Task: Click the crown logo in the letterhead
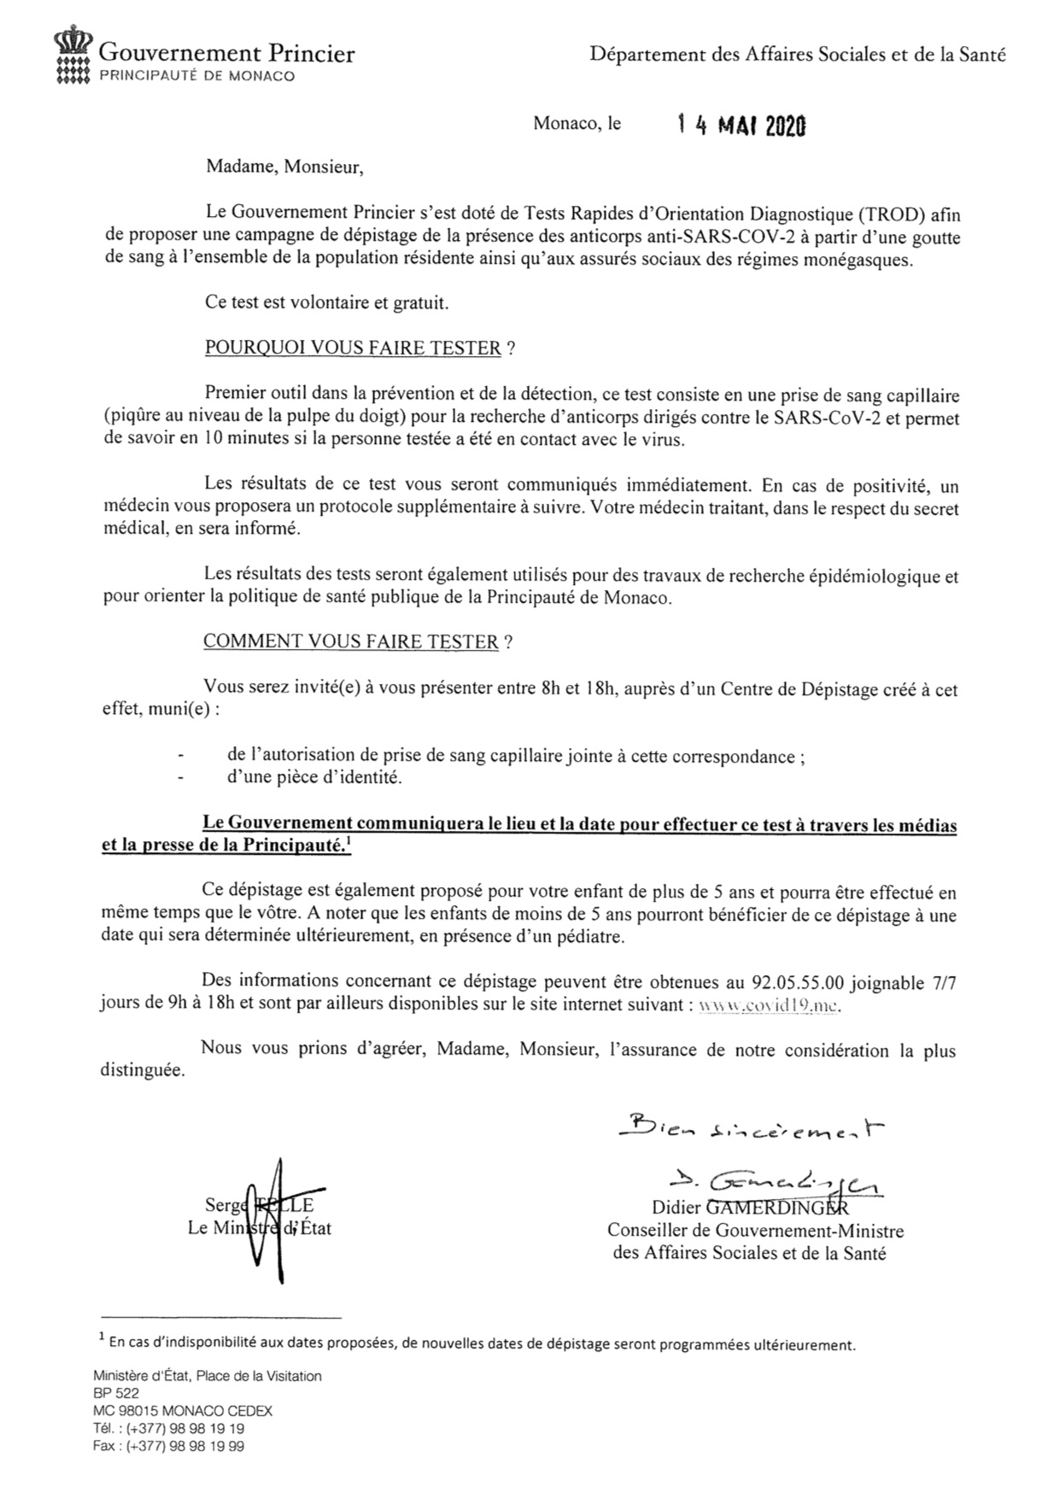[72, 59]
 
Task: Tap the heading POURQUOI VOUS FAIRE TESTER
[353, 348]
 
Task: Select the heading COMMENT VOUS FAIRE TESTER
[350, 641]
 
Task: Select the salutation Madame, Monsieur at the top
[284, 167]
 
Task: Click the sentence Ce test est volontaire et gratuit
[327, 302]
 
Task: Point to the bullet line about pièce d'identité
[314, 777]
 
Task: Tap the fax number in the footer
[169, 1447]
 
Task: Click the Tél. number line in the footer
[169, 1428]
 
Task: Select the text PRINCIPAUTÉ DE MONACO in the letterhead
[198, 76]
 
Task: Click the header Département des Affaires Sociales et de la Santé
[798, 56]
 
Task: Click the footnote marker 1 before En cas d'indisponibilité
[102, 1337]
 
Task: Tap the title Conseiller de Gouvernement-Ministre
[755, 1231]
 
